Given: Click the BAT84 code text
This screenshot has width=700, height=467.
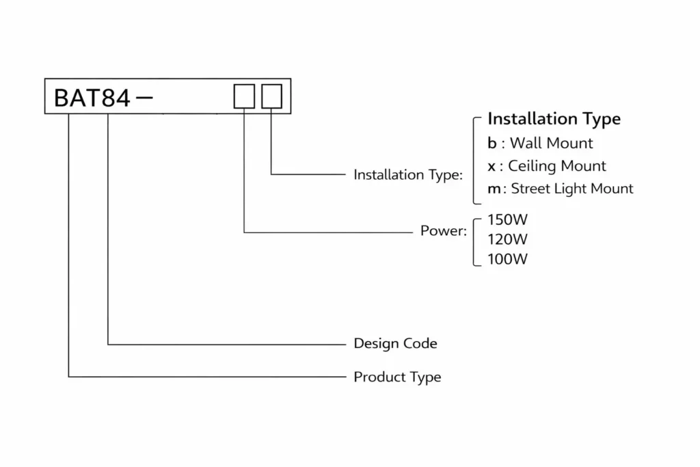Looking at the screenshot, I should tap(92, 98).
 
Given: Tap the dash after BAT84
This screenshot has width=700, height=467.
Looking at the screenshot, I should tap(145, 97).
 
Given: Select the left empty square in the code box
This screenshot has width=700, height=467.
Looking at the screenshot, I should tap(244, 96).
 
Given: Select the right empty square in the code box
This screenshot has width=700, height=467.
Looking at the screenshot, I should tap(271, 96).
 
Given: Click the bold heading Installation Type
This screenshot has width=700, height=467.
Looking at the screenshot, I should tap(554, 119).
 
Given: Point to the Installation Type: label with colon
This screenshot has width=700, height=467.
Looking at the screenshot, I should tap(408, 175).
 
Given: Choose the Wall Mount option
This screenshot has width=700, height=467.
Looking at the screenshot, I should tap(551, 144).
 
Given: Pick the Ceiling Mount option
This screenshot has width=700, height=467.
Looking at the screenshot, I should tap(556, 166).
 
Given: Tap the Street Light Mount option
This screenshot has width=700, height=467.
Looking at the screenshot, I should tap(571, 189).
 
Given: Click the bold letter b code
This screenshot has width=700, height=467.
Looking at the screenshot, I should tap(492, 144).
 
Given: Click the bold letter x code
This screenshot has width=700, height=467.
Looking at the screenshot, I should tap(492, 166).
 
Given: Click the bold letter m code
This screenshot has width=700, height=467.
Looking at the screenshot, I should tap(494, 189).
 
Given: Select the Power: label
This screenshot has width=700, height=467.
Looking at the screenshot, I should tap(443, 231).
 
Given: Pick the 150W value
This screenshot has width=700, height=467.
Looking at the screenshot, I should tap(507, 220).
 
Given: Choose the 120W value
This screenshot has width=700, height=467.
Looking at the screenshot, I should tap(507, 239).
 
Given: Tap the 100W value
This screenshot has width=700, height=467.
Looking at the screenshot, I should tap(507, 259).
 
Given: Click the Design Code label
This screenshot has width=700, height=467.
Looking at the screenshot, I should tap(395, 343).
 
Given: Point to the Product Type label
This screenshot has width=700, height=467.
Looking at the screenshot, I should tap(397, 377).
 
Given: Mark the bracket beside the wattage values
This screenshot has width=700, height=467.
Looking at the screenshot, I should tap(475, 239).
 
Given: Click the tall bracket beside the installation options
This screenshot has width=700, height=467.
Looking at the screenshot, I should tap(474, 161).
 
